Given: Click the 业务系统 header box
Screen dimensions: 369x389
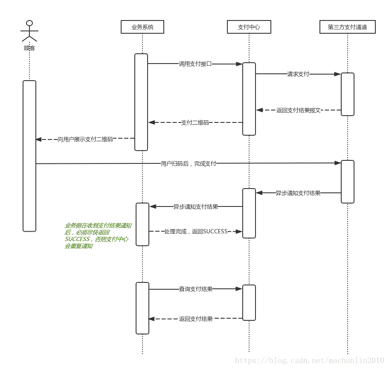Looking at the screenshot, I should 142,27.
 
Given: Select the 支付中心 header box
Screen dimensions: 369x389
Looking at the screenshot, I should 249,27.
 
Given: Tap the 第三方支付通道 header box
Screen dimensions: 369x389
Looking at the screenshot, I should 348,27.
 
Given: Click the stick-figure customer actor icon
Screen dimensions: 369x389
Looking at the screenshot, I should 29,32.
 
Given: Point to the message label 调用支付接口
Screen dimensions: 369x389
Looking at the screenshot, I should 195,64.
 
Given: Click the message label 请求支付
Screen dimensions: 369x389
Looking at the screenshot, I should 298,74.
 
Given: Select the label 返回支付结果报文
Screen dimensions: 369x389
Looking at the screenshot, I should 298,110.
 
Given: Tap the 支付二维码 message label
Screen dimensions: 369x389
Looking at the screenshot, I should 195,122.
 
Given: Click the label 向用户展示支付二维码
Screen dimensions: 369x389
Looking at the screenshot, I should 85,139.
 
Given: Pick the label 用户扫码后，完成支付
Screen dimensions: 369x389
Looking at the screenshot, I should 188,163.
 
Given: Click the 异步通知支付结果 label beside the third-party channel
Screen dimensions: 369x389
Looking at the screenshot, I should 298,193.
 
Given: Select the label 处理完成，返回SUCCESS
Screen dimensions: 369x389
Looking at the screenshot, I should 196,231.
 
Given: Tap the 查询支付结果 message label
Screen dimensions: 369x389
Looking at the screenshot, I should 196,289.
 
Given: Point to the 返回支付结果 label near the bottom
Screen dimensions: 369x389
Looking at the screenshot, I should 196,319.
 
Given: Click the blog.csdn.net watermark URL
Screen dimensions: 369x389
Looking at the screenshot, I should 309,360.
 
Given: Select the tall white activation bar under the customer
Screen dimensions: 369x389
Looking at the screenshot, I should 29,156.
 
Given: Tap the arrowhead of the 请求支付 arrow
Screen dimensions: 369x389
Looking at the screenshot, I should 338,74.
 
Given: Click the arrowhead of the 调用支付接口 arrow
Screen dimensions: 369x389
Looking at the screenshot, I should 240,64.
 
